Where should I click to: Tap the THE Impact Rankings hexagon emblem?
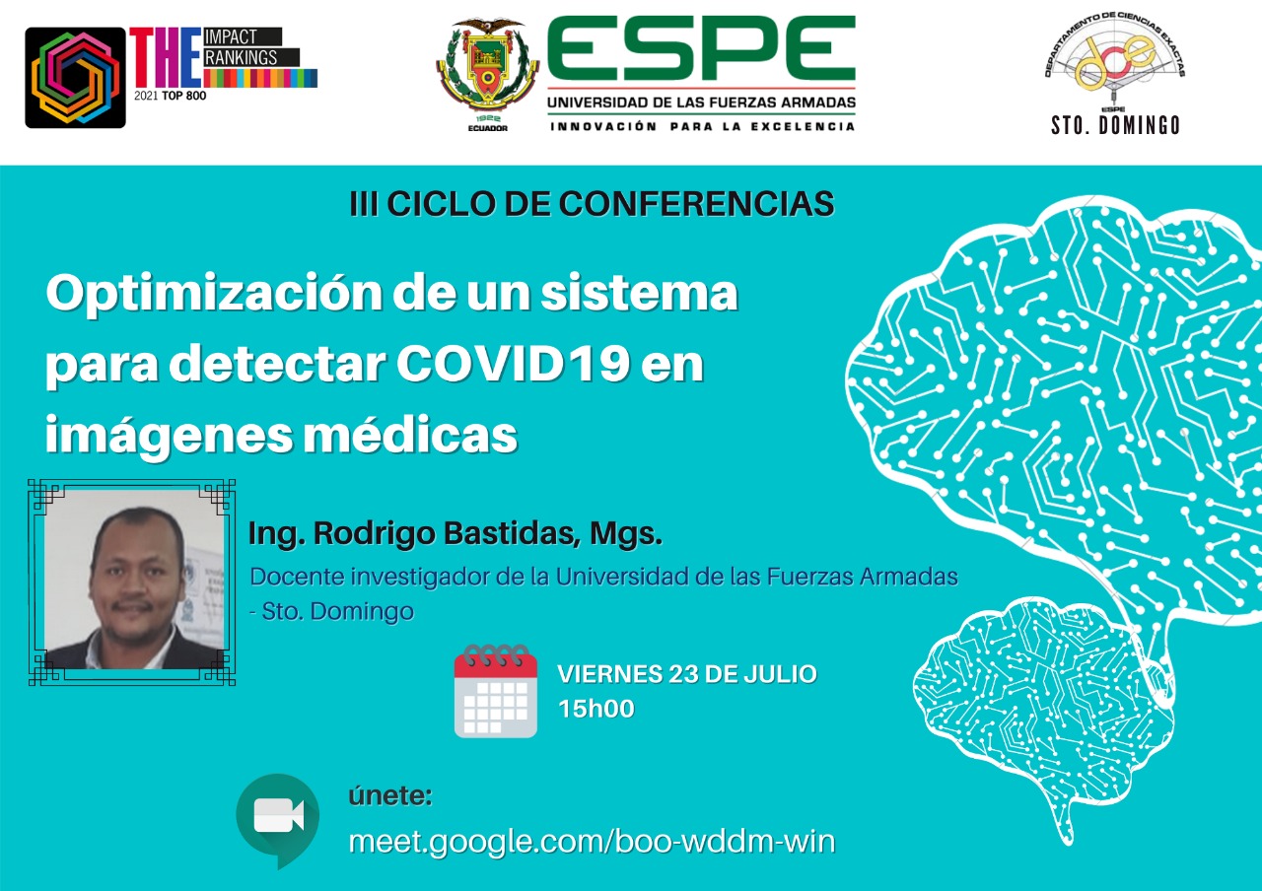[76, 78]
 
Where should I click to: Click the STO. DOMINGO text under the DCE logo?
[1115, 125]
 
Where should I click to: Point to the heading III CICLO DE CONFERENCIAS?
[592, 204]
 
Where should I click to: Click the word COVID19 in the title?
[513, 364]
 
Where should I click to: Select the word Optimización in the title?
[215, 294]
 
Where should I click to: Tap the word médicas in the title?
[410, 435]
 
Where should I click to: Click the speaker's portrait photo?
[132, 582]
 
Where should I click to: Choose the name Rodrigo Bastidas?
[444, 533]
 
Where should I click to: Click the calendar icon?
[496, 691]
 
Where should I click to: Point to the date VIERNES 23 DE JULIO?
[687, 674]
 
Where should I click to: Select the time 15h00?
[596, 709]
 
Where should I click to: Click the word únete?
[390, 795]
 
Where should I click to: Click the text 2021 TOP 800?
[171, 96]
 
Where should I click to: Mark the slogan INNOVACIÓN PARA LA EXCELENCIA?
[703, 127]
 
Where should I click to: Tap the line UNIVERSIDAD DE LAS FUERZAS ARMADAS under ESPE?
[701, 103]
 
